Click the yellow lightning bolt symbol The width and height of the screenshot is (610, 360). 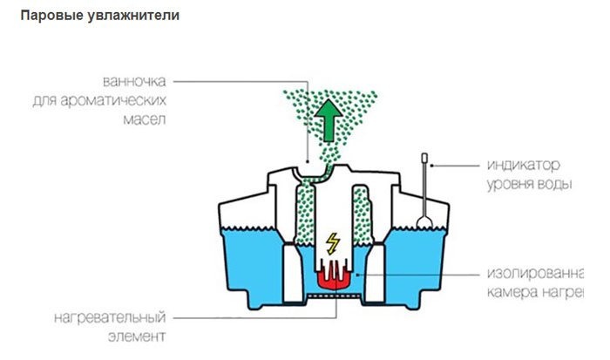331,242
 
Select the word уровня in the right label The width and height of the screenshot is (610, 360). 508,184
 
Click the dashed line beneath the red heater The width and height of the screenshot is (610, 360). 330,296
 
